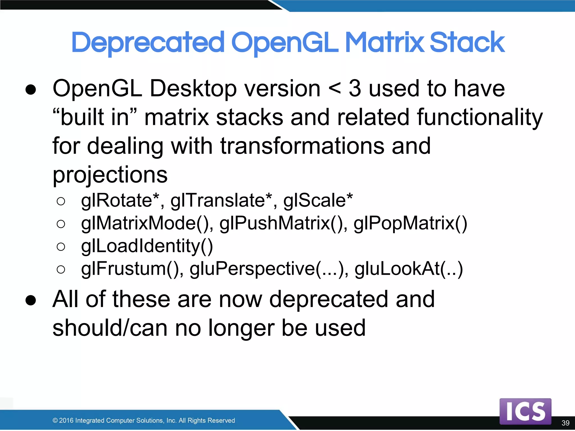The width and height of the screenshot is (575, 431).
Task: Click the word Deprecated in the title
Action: [148, 43]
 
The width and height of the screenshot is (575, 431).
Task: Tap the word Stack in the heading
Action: [467, 43]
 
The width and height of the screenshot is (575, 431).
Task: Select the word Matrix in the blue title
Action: [384, 43]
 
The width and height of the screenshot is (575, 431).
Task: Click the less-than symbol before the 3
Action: [335, 89]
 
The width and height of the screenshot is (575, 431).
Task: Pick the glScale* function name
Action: [318, 201]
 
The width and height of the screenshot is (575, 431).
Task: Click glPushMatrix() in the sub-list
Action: [283, 224]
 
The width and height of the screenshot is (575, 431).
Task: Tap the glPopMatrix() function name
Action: [410, 224]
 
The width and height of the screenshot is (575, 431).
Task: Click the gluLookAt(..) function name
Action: [409, 269]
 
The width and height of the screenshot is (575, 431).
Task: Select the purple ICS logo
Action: [525, 411]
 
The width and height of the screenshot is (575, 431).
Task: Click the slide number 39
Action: [565, 423]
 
